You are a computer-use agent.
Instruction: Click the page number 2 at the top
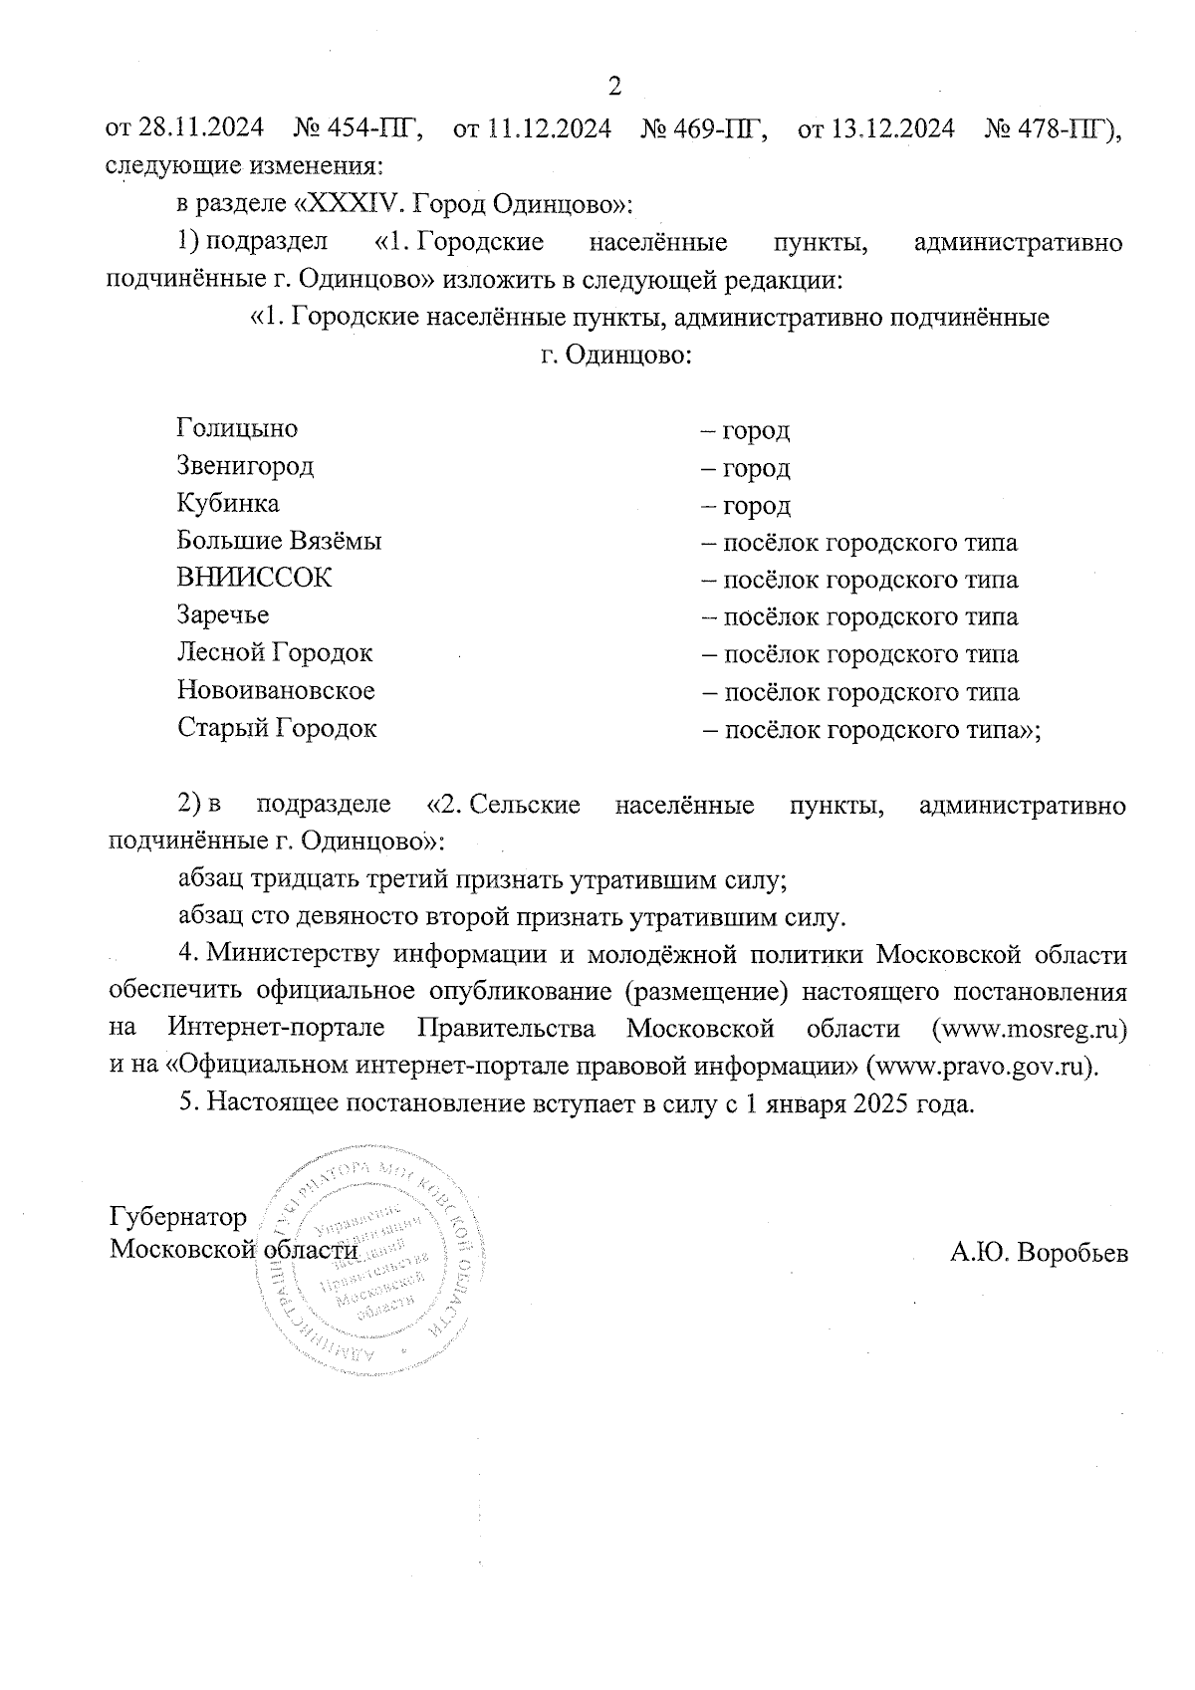(614, 87)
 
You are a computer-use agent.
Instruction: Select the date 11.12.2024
(548, 129)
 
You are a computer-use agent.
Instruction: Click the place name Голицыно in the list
(237, 428)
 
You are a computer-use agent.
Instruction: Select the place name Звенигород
(245, 465)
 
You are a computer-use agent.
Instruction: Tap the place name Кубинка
(228, 503)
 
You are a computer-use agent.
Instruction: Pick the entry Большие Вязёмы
(279, 541)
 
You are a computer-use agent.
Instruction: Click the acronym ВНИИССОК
(254, 578)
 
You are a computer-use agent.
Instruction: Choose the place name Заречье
(223, 615)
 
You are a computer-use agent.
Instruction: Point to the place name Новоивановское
(276, 690)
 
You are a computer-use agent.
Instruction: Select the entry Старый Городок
(277, 728)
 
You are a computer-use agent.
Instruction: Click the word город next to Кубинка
(757, 506)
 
